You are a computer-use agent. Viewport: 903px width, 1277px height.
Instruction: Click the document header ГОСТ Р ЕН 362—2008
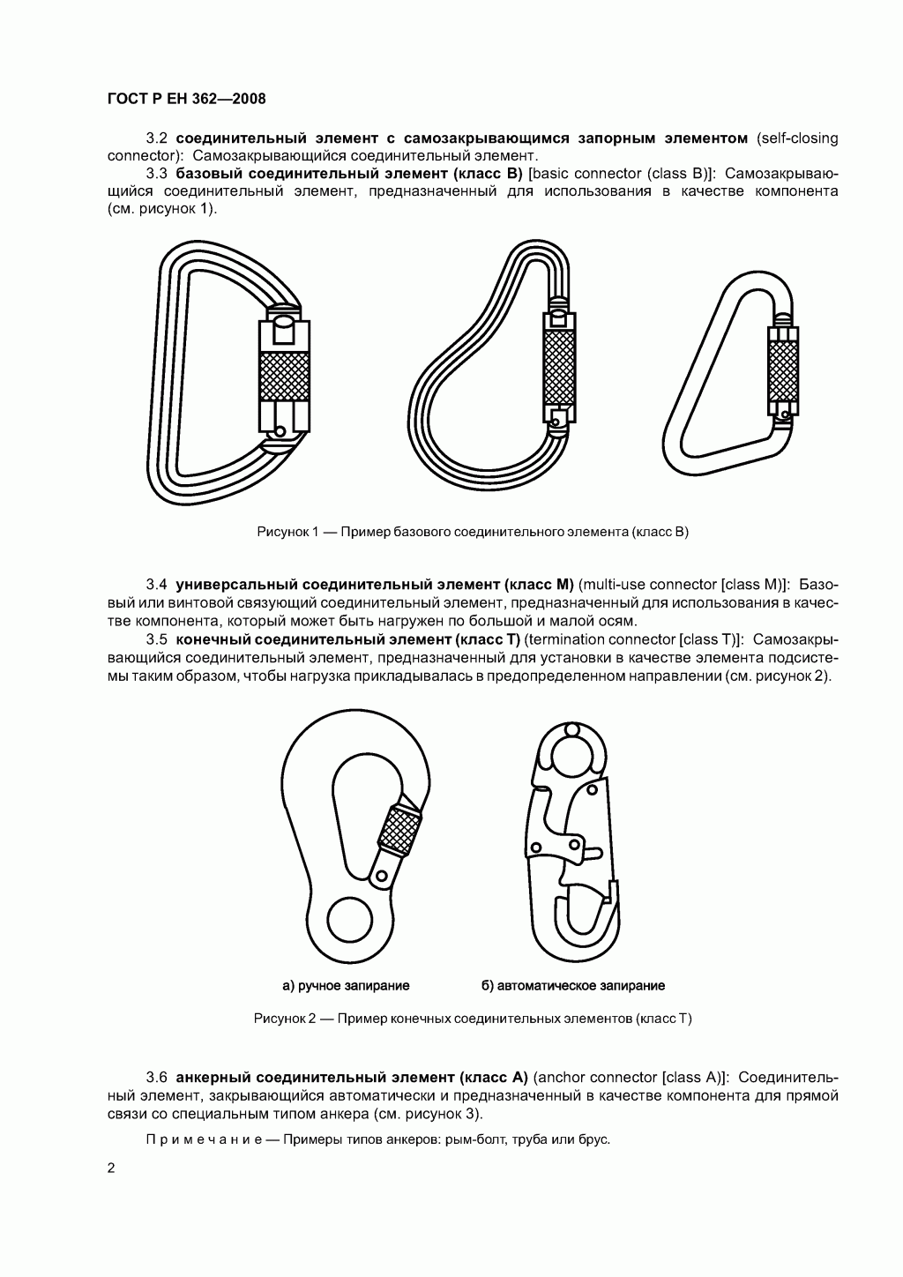click(x=186, y=99)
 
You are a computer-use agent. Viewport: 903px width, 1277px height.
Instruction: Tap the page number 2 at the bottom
click(x=110, y=1169)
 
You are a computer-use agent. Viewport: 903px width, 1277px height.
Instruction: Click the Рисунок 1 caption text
click(x=472, y=532)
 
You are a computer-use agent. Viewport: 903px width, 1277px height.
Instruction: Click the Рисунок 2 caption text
click(x=472, y=1019)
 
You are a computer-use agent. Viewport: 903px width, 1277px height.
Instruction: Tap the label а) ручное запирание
click(x=346, y=985)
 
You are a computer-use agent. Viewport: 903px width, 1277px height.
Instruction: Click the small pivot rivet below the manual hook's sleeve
click(x=382, y=875)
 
